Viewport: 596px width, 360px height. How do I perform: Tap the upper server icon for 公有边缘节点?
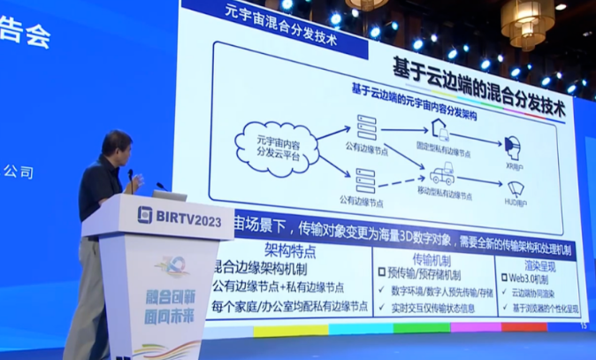(365, 126)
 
